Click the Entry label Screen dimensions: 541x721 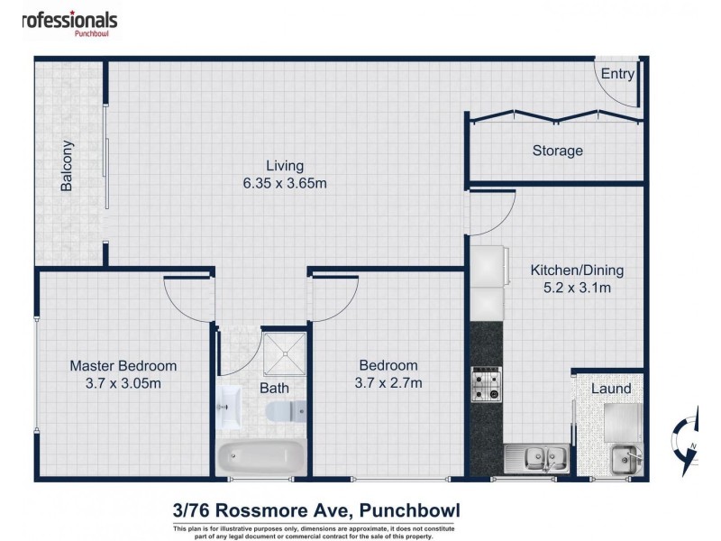pos(617,75)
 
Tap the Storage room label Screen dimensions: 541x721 pos(557,151)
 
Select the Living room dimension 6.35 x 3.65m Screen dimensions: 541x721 pos(284,183)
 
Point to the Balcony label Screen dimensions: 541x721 pos(67,166)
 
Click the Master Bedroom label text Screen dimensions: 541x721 pos(123,365)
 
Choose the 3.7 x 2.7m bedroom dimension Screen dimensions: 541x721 pos(388,382)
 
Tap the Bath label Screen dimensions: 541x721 pos(274,390)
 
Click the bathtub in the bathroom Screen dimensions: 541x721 pos(260,456)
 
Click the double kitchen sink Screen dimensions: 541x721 pos(537,457)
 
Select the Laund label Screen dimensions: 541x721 pos(610,389)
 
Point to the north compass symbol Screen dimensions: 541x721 pos(689,439)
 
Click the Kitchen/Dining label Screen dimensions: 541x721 pos(576,270)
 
